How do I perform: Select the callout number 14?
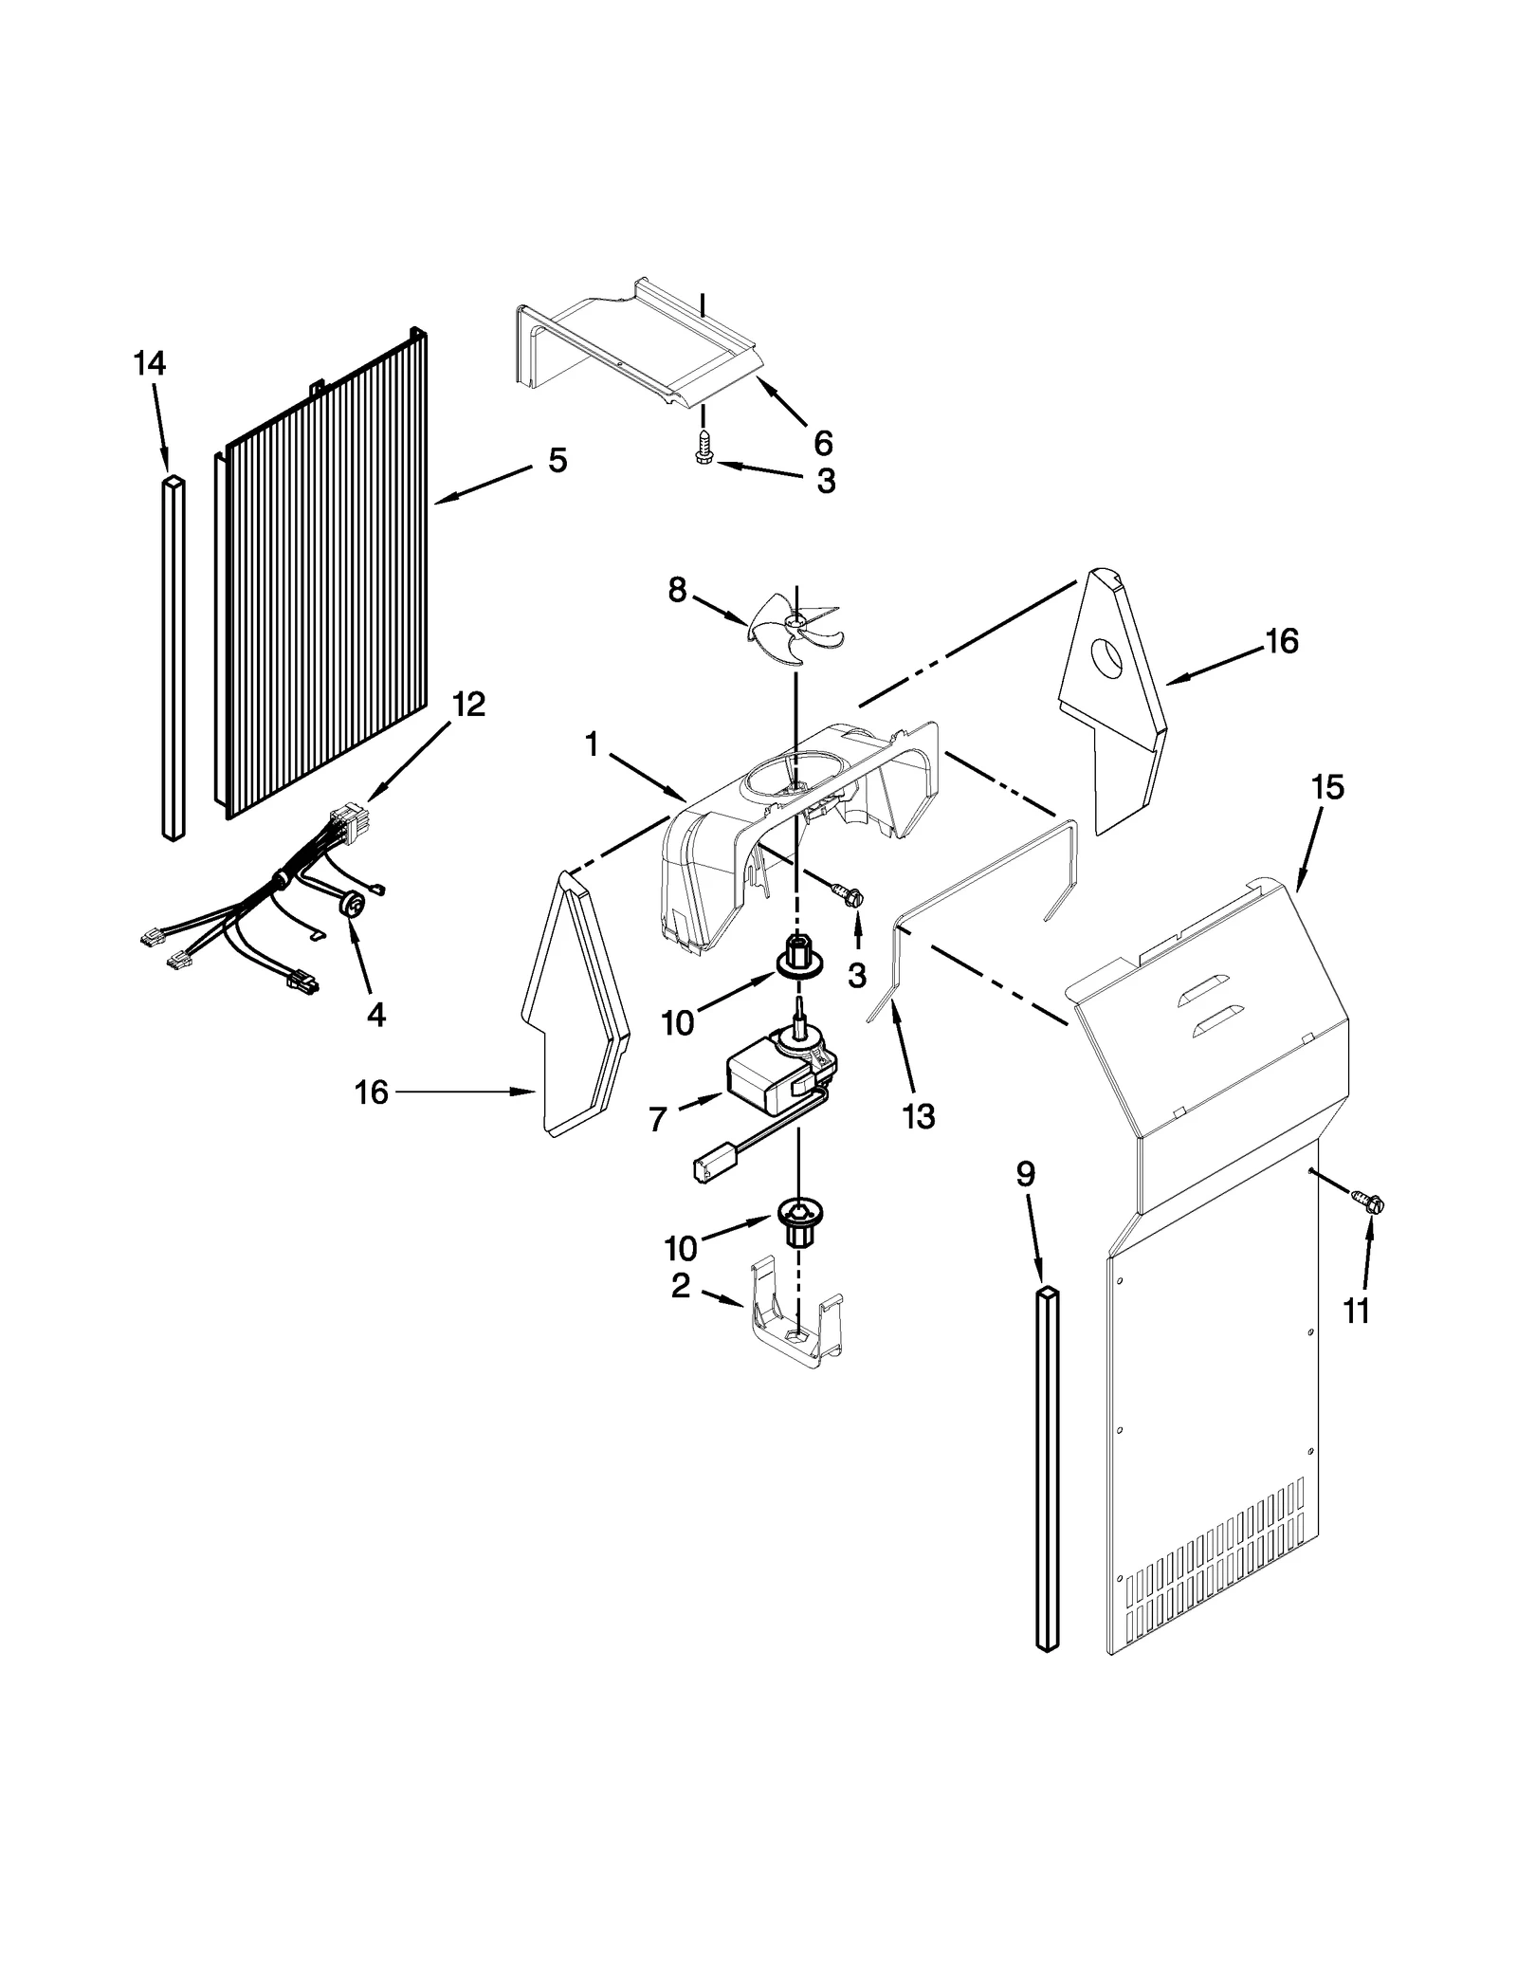150,364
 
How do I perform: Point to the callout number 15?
1327,788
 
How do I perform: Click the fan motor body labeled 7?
764,1084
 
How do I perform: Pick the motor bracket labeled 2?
795,1324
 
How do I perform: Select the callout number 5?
557,462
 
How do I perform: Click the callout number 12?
468,705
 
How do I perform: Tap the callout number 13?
918,1116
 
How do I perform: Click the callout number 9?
1025,1175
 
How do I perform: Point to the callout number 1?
592,746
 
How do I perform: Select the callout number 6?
823,443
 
